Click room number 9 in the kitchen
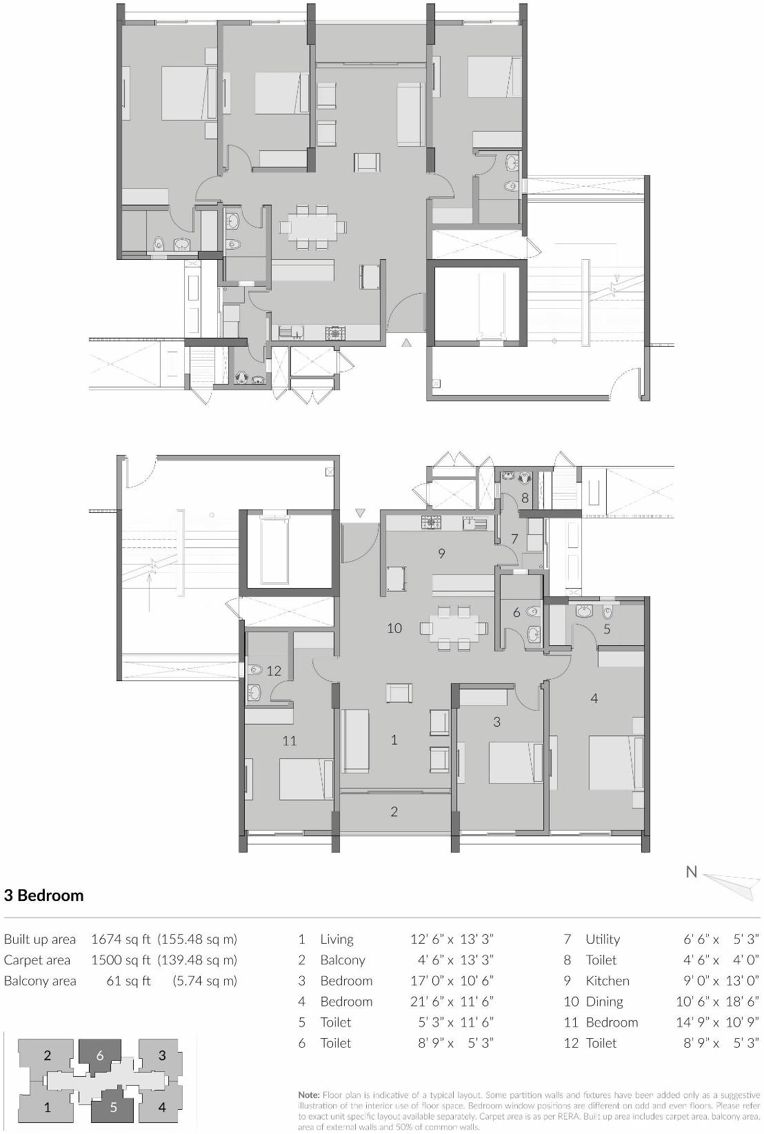pyautogui.click(x=442, y=553)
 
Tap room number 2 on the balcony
pyautogui.click(x=394, y=811)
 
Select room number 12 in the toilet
pyautogui.click(x=274, y=671)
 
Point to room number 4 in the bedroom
pyautogui.click(x=594, y=698)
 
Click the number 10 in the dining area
pyautogui.click(x=394, y=628)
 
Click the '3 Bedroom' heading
pyautogui.click(x=43, y=895)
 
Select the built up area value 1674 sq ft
pyautogui.click(x=121, y=939)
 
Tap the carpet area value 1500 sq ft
pyautogui.click(x=121, y=960)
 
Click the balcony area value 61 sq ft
pyautogui.click(x=128, y=981)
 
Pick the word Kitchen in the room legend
pyautogui.click(x=607, y=981)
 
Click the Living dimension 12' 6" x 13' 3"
pyautogui.click(x=452, y=939)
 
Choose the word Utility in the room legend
pyautogui.click(x=603, y=939)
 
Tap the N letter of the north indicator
pyautogui.click(x=691, y=872)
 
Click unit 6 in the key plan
pyautogui.click(x=100, y=1055)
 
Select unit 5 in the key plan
pyautogui.click(x=114, y=1108)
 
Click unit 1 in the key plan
pyautogui.click(x=47, y=1108)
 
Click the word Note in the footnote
pyautogui.click(x=308, y=1095)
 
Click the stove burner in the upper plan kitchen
pyautogui.click(x=335, y=334)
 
